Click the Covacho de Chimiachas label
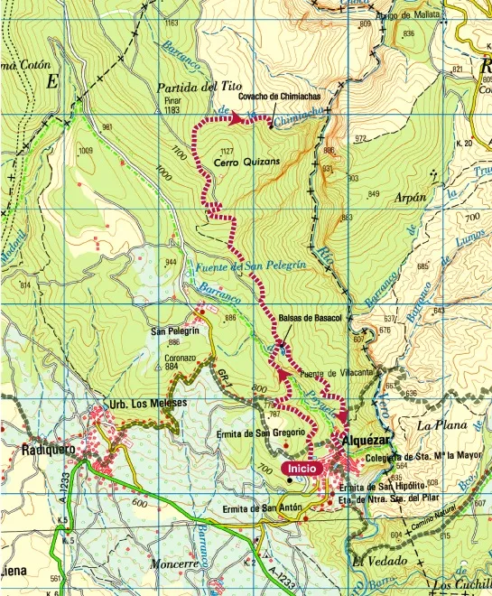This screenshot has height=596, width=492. click(x=280, y=97)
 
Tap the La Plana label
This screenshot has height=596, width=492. click(x=440, y=424)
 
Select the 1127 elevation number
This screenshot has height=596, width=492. click(x=227, y=150)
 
